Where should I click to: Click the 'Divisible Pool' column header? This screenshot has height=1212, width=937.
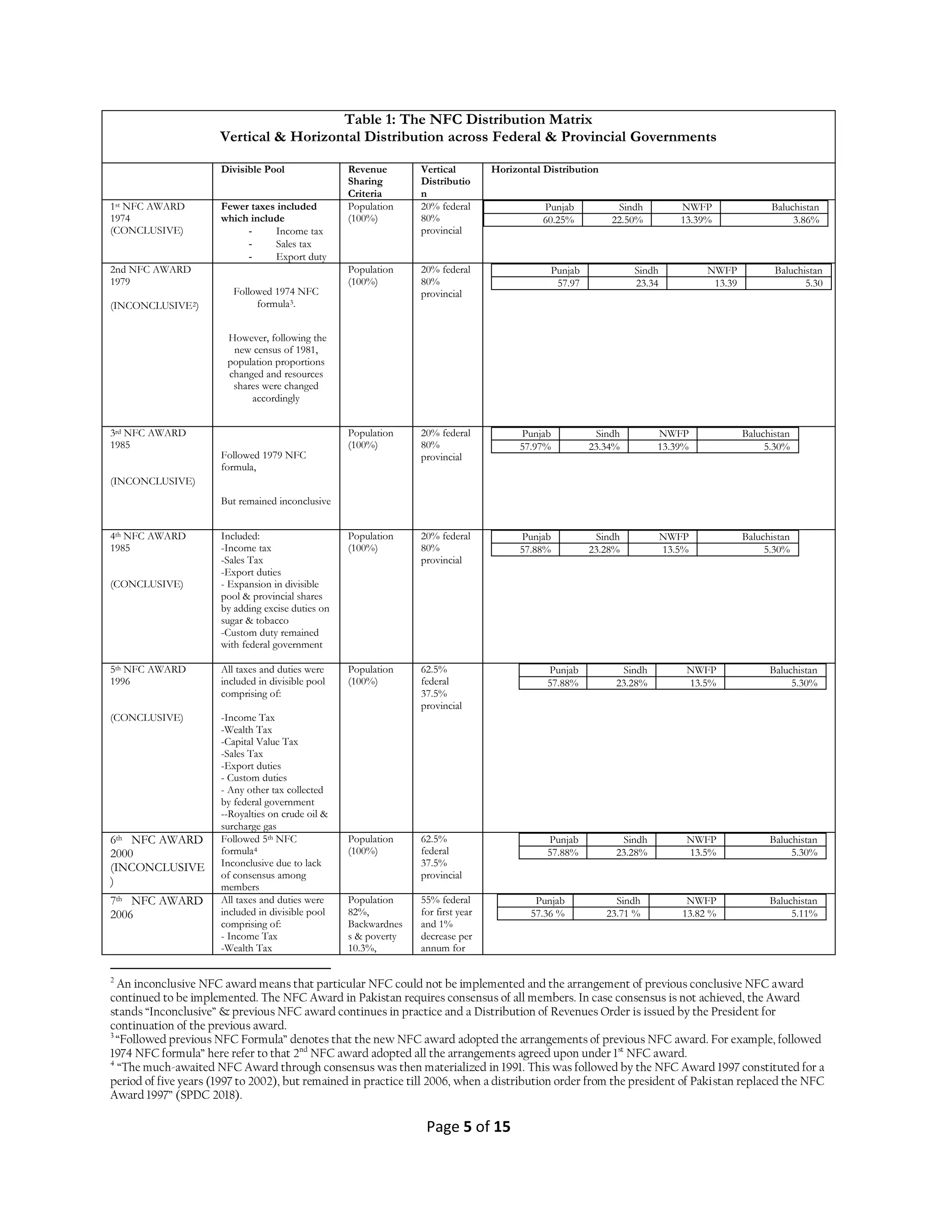pos(253,169)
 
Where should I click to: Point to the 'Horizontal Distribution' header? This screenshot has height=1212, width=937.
pos(544,169)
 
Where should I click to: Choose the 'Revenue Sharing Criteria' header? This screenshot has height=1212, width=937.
pos(367,181)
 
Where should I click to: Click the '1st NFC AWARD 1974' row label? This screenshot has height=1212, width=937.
pos(148,213)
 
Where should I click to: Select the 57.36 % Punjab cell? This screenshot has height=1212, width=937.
pos(547,913)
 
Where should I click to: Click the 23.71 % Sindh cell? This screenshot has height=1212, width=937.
pos(623,913)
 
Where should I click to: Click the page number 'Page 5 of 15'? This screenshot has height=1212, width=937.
pos(468,1126)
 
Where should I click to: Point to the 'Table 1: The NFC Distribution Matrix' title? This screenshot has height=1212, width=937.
pos(468,119)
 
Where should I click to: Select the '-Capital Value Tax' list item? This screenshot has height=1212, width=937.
pos(259,741)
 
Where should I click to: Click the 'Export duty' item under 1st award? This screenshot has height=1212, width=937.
pos(301,257)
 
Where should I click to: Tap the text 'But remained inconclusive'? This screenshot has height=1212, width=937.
pos(275,501)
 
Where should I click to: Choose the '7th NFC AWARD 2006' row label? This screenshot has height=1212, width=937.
pos(156,907)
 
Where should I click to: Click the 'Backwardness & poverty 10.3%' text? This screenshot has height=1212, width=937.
pos(375,936)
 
